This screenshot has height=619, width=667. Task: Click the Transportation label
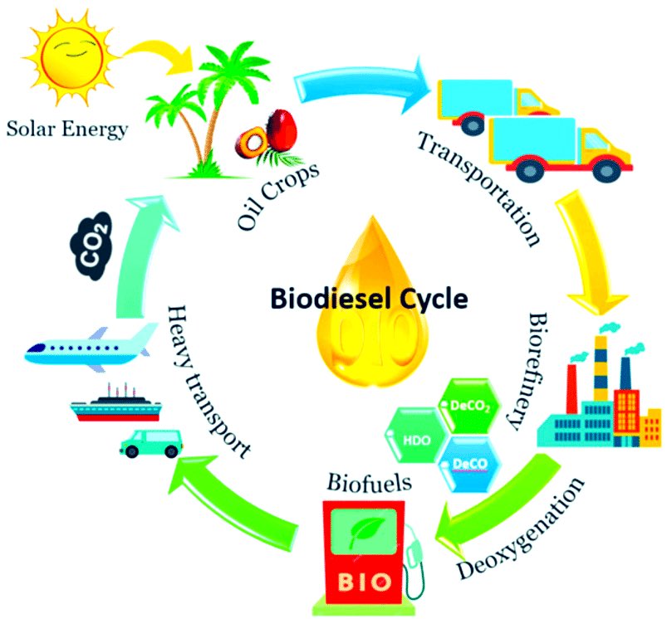tap(480, 188)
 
